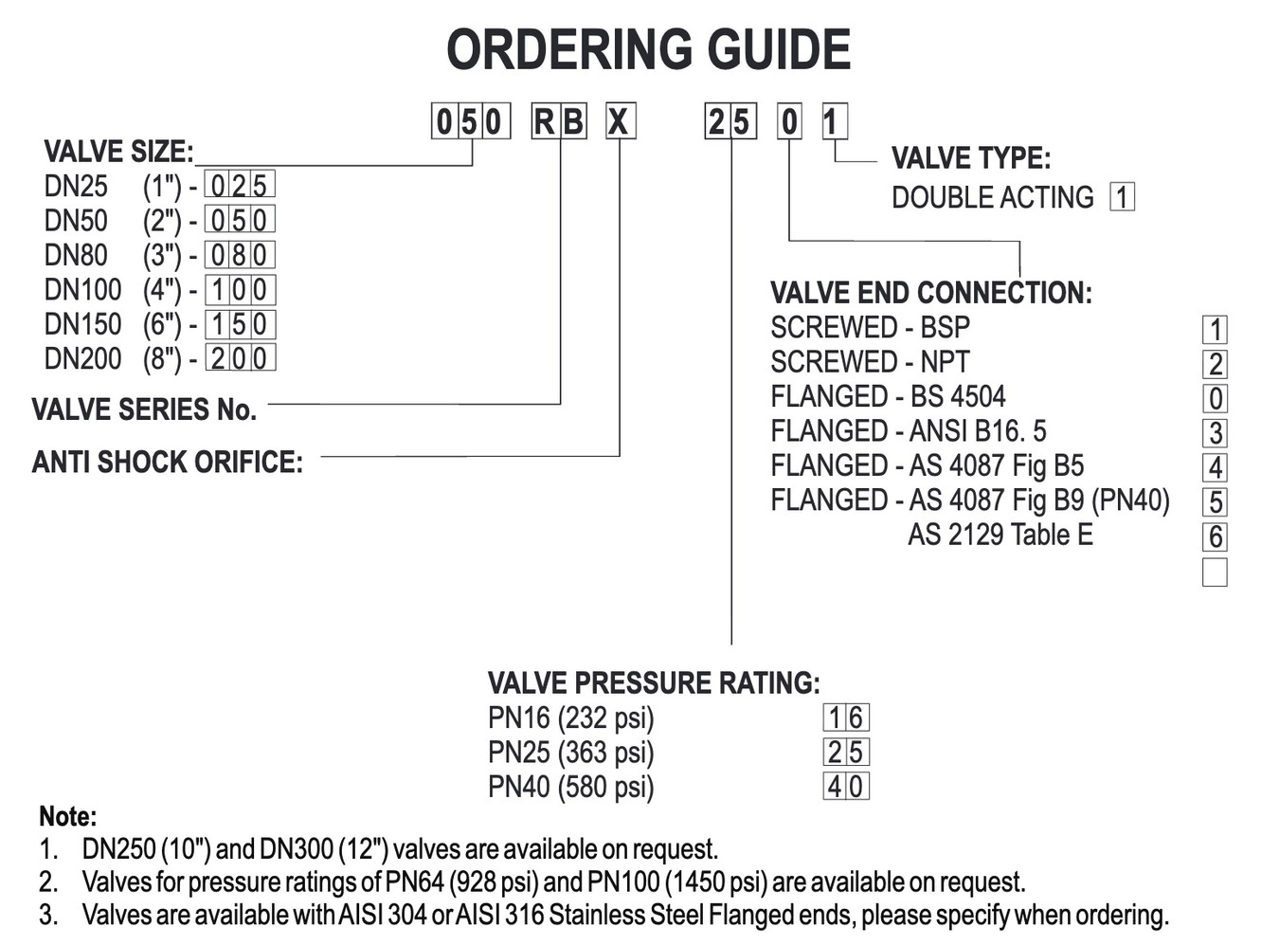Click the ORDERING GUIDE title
click(x=648, y=49)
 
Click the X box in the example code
click(x=620, y=122)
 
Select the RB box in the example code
click(x=559, y=122)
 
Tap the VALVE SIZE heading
click(x=118, y=152)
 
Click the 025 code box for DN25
click(x=239, y=185)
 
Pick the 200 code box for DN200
click(x=239, y=358)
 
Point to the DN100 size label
click(x=82, y=290)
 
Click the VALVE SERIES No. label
click(x=144, y=409)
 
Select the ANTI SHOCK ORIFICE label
click(x=168, y=463)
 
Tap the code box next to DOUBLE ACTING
click(x=1122, y=197)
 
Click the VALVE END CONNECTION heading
click(x=930, y=293)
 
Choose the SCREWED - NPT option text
click(x=870, y=362)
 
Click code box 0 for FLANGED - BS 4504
click(x=1215, y=398)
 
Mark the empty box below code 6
click(x=1215, y=572)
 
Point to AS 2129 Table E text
click(x=1000, y=536)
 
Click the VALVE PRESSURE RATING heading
click(x=654, y=683)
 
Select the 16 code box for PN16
click(x=845, y=718)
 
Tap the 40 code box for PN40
click(x=845, y=787)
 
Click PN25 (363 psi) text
click(x=570, y=753)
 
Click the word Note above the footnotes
click(x=67, y=817)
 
